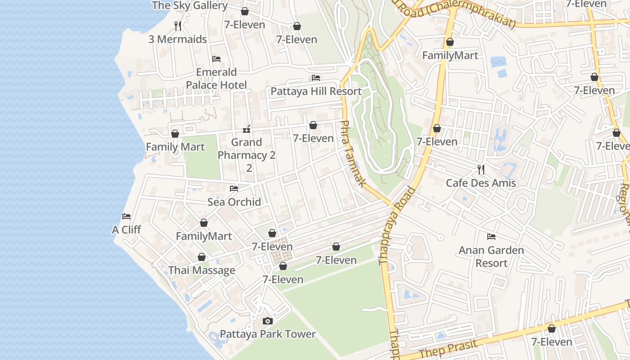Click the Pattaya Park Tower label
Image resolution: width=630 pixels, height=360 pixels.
(x=268, y=334)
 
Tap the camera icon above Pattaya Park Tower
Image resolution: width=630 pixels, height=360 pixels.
(x=268, y=321)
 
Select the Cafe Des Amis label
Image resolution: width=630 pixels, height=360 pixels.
(x=481, y=183)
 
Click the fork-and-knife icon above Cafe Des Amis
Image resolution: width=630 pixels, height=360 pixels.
(x=481, y=169)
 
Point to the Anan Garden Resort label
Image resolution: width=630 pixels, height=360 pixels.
(x=491, y=256)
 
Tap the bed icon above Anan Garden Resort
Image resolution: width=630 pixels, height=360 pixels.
(x=491, y=236)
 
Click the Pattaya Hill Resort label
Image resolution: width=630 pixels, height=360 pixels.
(x=316, y=91)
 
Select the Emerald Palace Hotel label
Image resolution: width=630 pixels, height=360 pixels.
(x=216, y=78)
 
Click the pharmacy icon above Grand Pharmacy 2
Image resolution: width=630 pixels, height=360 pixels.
(x=246, y=130)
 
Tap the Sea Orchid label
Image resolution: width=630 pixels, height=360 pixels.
(x=234, y=202)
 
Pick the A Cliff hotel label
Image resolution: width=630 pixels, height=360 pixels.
(x=126, y=229)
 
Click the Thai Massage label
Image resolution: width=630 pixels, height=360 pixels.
(x=202, y=270)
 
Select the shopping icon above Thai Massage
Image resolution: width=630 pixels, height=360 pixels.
(x=202, y=257)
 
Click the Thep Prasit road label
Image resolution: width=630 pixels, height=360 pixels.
(x=447, y=348)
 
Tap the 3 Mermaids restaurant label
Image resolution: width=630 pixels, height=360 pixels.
(x=178, y=39)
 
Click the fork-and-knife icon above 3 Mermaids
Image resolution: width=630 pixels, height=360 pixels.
(x=178, y=26)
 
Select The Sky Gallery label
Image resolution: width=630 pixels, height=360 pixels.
(x=189, y=5)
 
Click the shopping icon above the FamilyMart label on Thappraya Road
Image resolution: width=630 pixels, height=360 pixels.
(x=450, y=42)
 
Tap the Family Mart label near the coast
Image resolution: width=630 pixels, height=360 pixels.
(x=175, y=147)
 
